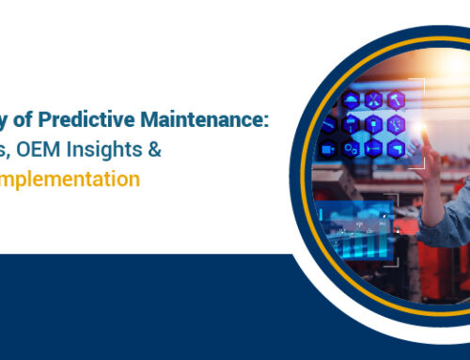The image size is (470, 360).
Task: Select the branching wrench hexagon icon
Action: point(395,123)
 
